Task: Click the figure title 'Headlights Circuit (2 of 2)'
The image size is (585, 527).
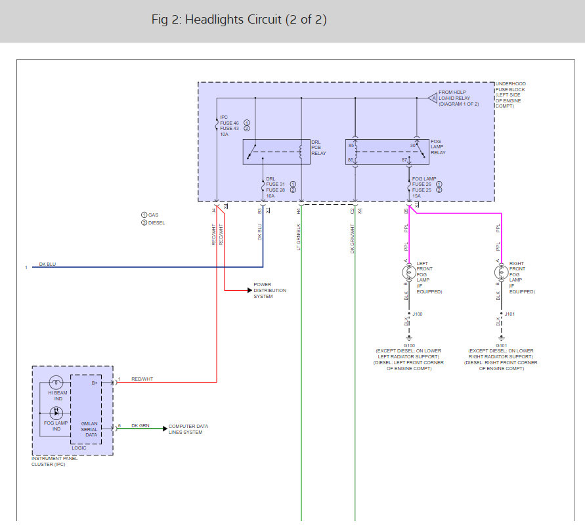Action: click(239, 20)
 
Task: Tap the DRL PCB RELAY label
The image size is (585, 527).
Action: click(318, 148)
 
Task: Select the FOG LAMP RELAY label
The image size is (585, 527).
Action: click(438, 147)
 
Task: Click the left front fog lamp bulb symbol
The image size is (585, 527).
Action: click(407, 273)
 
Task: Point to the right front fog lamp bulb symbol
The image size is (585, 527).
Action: click(500, 273)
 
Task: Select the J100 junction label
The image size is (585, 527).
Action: click(418, 314)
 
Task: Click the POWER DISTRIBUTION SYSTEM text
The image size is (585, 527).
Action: click(270, 291)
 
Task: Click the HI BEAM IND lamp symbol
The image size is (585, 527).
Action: click(56, 382)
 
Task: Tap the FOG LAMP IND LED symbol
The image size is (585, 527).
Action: click(56, 413)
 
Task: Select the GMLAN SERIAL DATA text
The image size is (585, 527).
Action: click(89, 429)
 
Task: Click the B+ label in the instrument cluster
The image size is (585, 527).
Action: click(94, 382)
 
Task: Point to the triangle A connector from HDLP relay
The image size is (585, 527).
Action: click(432, 98)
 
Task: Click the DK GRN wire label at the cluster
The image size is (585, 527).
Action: click(141, 426)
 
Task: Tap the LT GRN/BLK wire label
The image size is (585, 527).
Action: click(298, 237)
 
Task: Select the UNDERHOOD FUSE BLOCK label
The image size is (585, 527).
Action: click(511, 93)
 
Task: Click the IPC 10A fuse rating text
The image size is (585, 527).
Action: click(224, 134)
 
